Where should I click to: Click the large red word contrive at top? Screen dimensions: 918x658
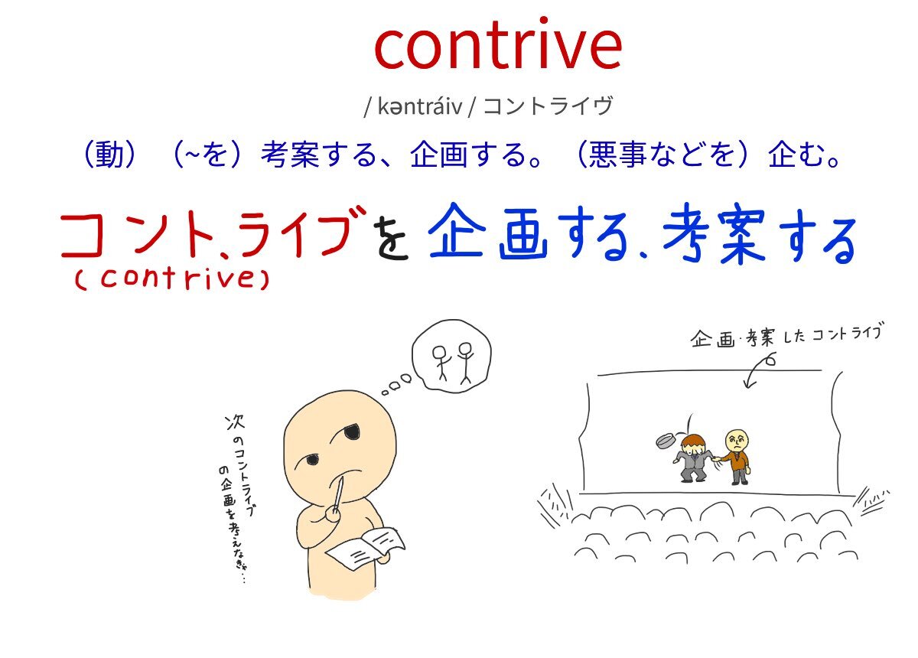498,44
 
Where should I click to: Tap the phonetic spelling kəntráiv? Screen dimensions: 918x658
419,106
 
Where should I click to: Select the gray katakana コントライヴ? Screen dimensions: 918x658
548,106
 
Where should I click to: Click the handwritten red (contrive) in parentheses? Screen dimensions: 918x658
171,279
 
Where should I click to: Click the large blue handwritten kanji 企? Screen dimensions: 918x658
454,231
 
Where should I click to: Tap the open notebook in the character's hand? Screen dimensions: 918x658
366,548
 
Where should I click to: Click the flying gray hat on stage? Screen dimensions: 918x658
666,440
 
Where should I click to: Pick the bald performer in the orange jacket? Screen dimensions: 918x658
736,457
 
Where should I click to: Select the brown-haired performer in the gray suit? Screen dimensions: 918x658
692,458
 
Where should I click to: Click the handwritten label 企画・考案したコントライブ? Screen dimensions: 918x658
786,337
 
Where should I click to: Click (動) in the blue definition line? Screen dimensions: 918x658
109,154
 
